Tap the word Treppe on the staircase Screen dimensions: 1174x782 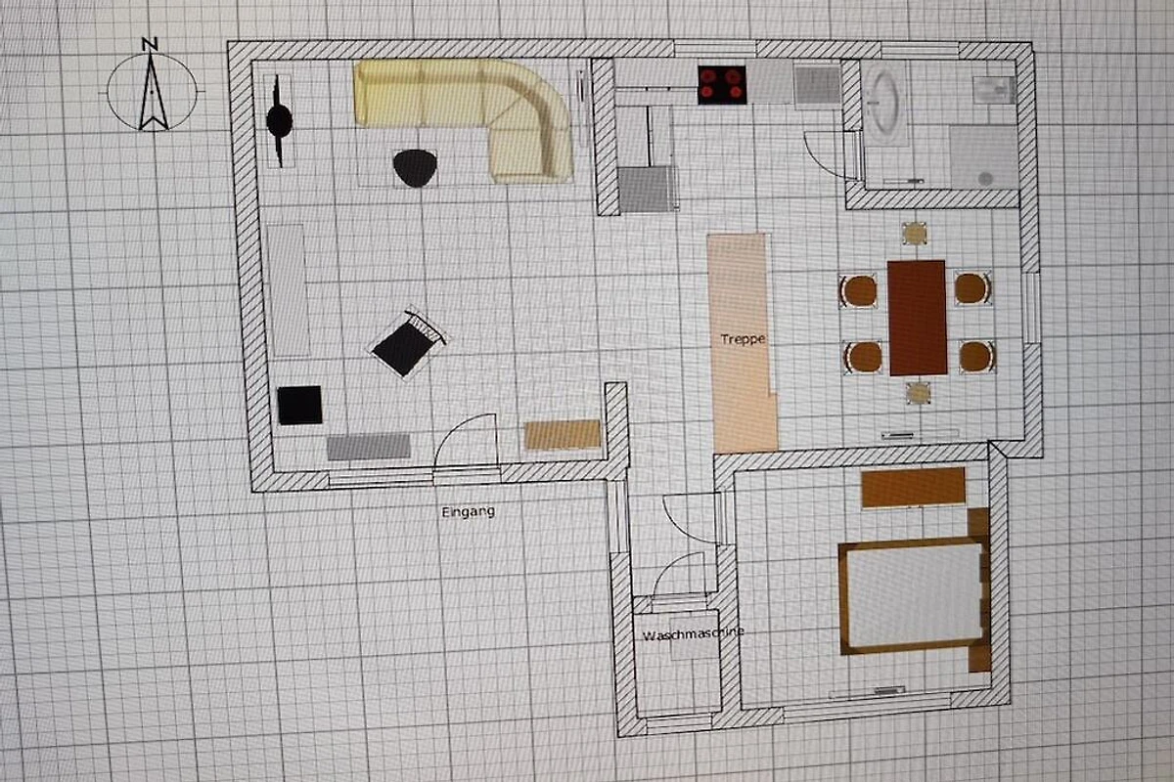point(743,339)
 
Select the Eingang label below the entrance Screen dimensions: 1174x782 point(468,512)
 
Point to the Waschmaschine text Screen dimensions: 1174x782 point(693,634)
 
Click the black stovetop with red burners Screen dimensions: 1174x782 point(722,85)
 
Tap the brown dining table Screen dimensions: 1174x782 point(918,318)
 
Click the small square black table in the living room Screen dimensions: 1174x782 point(299,405)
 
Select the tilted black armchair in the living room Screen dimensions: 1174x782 point(408,342)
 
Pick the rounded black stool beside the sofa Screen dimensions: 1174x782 point(415,167)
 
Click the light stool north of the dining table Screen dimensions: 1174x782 point(915,233)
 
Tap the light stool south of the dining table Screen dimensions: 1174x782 point(919,393)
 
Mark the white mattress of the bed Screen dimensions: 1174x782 point(914,596)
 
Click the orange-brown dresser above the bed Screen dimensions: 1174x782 point(913,488)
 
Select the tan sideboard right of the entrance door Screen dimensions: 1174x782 point(563,435)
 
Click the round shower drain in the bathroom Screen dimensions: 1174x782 point(985,179)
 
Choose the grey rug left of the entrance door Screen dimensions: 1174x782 point(369,447)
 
